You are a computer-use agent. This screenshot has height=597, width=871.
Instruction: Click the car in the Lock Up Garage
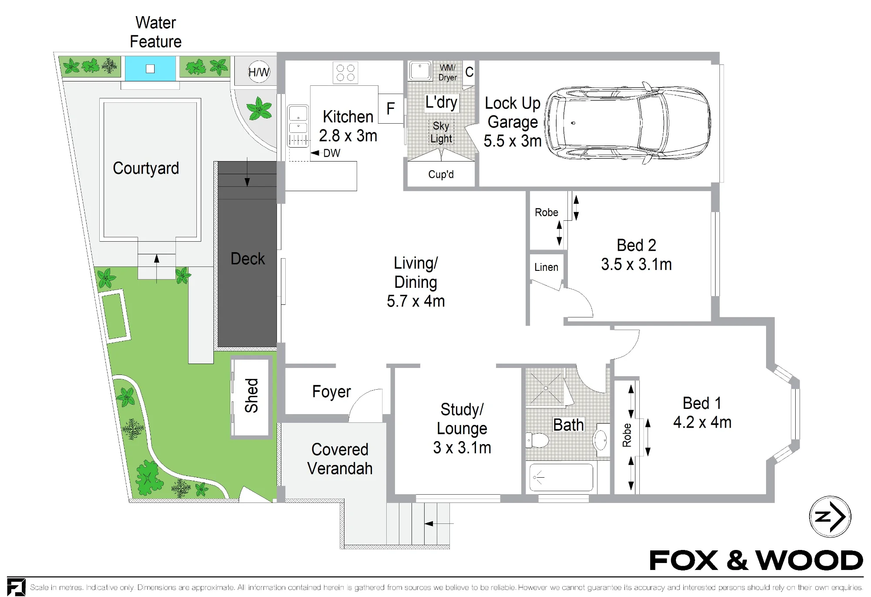coord(628,123)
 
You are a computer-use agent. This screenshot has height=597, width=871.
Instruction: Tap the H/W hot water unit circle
coord(259,72)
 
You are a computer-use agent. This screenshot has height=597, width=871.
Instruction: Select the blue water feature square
coord(150,68)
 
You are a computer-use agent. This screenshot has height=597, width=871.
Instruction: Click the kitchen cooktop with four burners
coord(345,72)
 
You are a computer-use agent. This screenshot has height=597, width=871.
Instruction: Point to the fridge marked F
coord(391,108)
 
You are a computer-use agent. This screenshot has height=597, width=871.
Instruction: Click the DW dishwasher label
coord(332,153)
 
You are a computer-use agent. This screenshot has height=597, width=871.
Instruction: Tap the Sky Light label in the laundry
coord(441,132)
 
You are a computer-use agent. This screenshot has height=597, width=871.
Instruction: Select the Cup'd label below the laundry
coord(441,175)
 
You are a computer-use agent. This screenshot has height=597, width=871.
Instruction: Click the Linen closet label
coord(546,267)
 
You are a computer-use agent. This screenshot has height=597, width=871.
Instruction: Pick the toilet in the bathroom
coord(537,440)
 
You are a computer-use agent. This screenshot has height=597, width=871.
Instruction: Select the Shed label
coord(252,395)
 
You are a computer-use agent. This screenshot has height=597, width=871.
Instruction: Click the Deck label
coord(247,259)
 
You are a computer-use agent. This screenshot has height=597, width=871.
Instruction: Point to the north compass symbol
coord(830,517)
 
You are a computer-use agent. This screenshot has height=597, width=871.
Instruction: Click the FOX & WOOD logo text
coord(756,560)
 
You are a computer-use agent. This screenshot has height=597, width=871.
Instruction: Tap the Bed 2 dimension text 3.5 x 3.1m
coord(636,264)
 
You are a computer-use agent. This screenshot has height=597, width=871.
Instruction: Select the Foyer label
coord(331,392)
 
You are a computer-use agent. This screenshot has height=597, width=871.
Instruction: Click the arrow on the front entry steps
coord(439,523)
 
